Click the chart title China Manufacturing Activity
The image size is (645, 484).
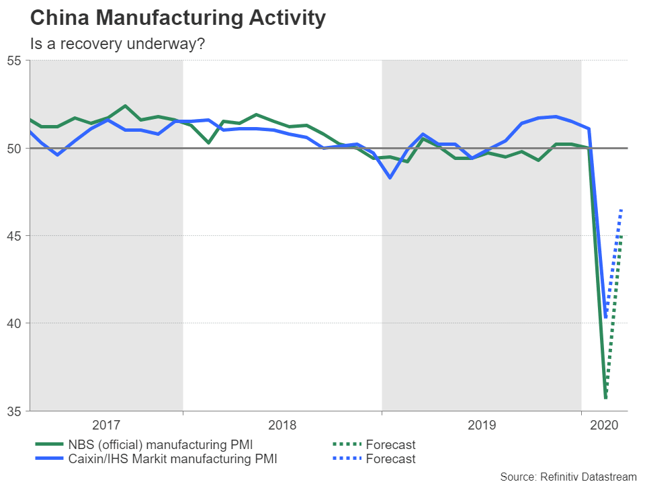[x=178, y=18]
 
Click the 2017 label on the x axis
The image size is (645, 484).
[x=106, y=425]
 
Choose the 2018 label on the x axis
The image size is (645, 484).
[x=282, y=425]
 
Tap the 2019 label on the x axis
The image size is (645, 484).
[x=481, y=425]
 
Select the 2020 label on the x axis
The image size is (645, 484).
[x=603, y=425]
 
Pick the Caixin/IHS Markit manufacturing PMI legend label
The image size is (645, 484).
[x=172, y=460]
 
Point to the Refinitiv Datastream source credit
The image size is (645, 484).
[x=568, y=477]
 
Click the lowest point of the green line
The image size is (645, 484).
[x=605, y=398]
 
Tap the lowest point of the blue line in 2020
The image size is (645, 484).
[x=606, y=317]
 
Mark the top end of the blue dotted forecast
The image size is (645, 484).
[x=622, y=210]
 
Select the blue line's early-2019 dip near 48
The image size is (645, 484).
[x=390, y=177]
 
